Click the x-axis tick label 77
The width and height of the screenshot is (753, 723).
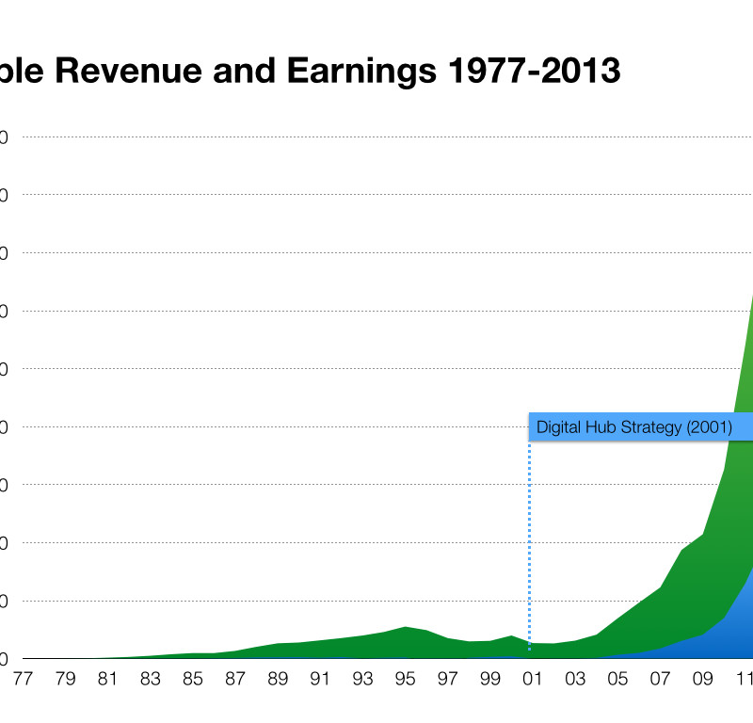(23, 678)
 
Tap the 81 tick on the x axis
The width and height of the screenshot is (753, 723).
(107, 678)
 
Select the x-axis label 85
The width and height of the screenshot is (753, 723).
(193, 678)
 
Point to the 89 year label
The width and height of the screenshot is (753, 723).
(278, 678)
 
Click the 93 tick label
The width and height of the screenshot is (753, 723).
(362, 678)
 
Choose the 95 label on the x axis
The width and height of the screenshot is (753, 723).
(405, 678)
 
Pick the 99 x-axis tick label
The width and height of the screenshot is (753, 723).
(489, 678)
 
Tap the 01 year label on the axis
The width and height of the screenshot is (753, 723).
(533, 678)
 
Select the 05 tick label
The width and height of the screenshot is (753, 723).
(617, 678)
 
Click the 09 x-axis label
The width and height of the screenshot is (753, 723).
(702, 678)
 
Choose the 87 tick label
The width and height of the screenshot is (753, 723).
(235, 678)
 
